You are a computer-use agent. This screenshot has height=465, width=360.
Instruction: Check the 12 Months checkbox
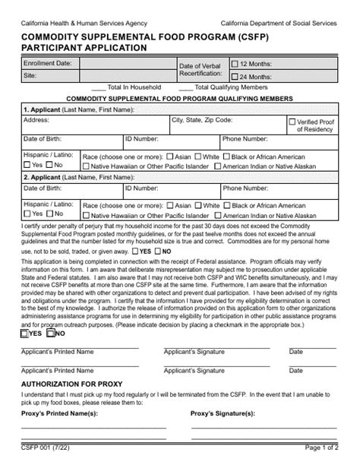pyautogui.click(x=235, y=65)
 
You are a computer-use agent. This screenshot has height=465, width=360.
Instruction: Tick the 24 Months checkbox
pyautogui.click(x=235, y=77)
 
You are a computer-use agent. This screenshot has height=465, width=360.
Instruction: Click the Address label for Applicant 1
pyautogui.click(x=36, y=120)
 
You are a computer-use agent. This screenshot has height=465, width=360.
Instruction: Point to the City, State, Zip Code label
pyautogui.click(x=201, y=120)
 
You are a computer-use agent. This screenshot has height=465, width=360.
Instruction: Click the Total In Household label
pyautogui.click(x=138, y=87)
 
